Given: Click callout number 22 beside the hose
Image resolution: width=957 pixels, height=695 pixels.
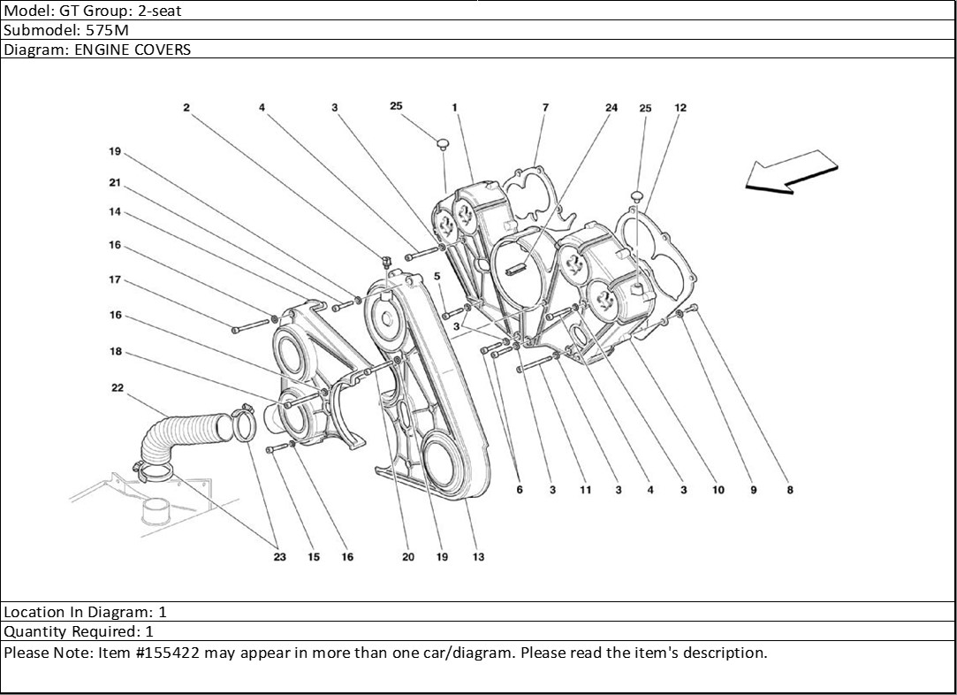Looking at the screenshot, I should [x=117, y=387].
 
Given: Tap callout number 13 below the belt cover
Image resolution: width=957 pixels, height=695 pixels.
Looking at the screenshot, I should [x=478, y=557].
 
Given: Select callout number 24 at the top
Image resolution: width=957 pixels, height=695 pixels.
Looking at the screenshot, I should [x=611, y=108].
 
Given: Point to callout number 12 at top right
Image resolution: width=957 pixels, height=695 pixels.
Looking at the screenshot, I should [x=680, y=108].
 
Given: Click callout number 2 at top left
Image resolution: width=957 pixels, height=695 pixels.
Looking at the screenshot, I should [x=186, y=108].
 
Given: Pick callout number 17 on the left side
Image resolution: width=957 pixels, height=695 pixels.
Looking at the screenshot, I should [x=115, y=280].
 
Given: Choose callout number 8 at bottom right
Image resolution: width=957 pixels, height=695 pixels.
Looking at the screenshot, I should [x=790, y=490].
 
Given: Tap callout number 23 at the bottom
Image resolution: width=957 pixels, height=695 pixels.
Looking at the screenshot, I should [x=279, y=557].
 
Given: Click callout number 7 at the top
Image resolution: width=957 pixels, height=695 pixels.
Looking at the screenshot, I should [x=545, y=108].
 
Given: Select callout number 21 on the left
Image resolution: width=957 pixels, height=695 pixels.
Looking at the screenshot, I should [x=115, y=183].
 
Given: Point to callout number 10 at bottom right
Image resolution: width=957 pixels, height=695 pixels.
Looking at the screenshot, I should [x=718, y=490].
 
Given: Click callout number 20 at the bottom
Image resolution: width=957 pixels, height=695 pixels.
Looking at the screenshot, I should [x=407, y=557].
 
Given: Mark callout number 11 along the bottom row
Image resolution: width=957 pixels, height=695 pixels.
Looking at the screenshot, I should [x=585, y=490].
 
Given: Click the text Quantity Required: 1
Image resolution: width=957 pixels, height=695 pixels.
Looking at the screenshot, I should [x=80, y=632].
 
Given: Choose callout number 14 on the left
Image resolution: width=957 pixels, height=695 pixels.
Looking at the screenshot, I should [x=115, y=212].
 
